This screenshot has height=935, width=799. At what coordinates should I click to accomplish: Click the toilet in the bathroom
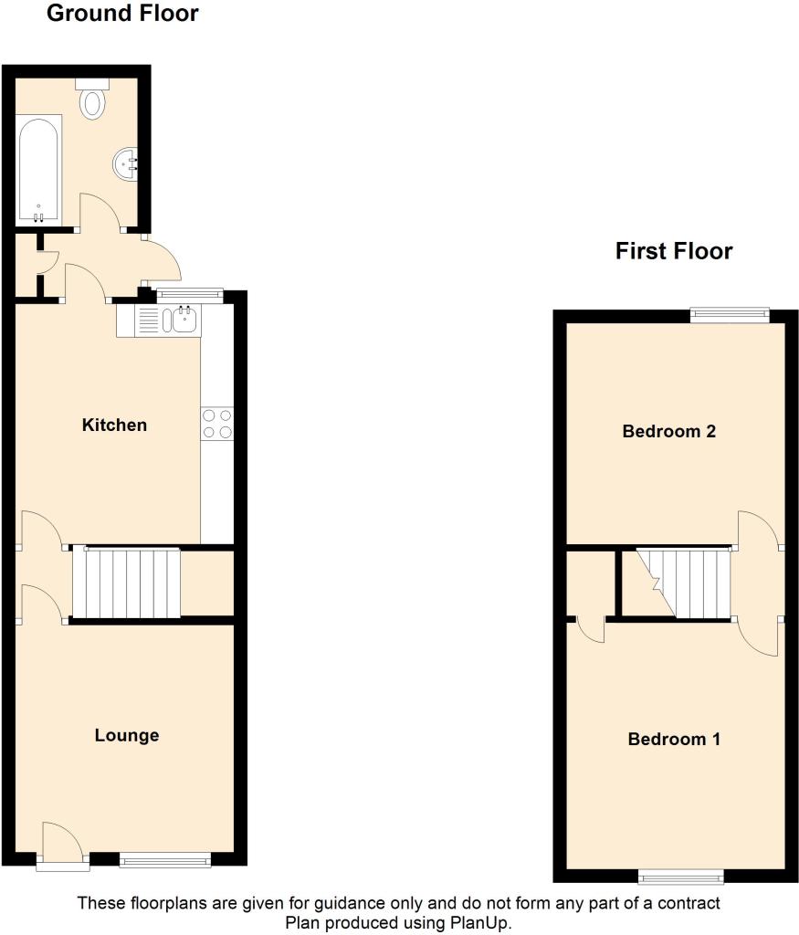click(x=92, y=99)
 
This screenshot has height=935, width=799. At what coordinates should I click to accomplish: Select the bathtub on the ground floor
click(x=38, y=170)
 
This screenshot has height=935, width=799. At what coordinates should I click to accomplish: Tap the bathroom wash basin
click(x=126, y=164)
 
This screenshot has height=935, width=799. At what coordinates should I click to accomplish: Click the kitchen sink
click(x=168, y=320)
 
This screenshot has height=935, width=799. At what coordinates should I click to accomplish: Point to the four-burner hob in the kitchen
click(x=217, y=424)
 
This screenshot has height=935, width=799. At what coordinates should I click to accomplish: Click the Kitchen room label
click(x=114, y=425)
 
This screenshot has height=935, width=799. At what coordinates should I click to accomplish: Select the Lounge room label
click(x=127, y=735)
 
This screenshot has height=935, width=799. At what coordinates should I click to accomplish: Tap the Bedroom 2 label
click(x=669, y=431)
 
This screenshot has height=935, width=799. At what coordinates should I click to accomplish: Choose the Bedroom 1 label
click(x=675, y=740)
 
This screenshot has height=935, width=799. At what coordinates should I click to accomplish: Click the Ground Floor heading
click(x=122, y=13)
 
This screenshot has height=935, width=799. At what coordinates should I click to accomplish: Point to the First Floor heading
click(x=674, y=251)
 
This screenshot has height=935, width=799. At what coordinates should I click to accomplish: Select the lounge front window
click(x=165, y=859)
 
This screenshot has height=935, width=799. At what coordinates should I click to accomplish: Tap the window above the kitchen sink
click(x=190, y=294)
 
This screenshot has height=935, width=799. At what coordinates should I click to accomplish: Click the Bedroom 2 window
click(x=730, y=314)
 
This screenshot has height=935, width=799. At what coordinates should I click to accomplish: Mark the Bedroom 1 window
click(x=681, y=876)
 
